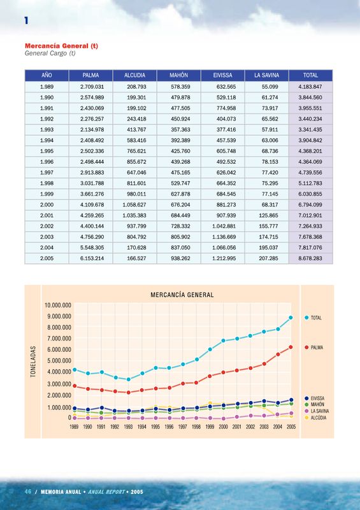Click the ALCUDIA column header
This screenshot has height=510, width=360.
134,75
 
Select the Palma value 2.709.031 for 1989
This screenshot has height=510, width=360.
92,87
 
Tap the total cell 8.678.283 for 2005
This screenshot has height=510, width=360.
310,259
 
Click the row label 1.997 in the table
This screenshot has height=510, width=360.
47,173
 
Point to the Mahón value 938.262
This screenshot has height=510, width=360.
180,259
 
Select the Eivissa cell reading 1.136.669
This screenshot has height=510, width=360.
224,237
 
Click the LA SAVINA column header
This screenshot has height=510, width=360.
267,75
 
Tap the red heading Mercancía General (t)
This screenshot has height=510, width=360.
61,46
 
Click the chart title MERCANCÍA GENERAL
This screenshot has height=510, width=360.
182,295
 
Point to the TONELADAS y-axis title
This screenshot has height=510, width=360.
33,361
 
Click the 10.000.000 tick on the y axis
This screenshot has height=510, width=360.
58,305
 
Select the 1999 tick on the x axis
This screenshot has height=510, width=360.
210,427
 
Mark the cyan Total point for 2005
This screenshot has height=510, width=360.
291,317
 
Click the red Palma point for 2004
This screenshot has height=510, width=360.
278,354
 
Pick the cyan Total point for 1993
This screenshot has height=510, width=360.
129,379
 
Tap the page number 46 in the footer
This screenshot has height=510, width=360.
28,492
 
